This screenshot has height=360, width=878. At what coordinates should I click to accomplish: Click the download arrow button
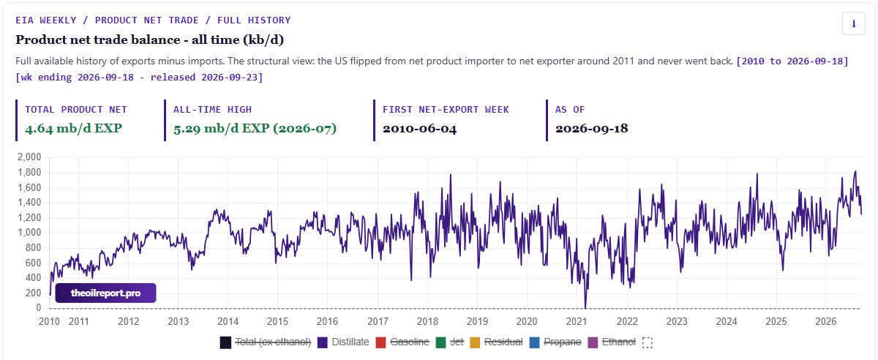click(x=853, y=23)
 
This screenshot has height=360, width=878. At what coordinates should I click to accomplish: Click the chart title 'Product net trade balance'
click(x=97, y=40)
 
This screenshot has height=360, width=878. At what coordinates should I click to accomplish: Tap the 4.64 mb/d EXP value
click(x=73, y=128)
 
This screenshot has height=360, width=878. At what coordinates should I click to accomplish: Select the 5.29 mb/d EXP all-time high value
click(x=255, y=128)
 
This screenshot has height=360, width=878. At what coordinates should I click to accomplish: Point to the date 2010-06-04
click(x=419, y=129)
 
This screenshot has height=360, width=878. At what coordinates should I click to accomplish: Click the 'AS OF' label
click(x=569, y=110)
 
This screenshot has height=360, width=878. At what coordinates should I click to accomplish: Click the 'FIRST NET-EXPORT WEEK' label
click(x=446, y=110)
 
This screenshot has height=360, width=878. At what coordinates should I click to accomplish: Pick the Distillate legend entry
click(x=343, y=342)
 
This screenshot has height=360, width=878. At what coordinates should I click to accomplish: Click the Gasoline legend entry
click(x=402, y=342)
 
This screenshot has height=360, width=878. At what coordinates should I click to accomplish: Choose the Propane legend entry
click(x=555, y=342)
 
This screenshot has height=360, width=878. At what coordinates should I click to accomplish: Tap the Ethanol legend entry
click(x=612, y=342)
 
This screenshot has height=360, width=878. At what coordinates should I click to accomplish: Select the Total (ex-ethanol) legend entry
click(x=266, y=342)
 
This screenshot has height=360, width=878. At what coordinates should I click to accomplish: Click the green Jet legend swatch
click(x=440, y=342)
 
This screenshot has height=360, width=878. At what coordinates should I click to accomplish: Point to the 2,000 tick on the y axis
click(x=29, y=157)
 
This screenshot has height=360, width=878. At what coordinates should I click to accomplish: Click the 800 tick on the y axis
click(x=33, y=247)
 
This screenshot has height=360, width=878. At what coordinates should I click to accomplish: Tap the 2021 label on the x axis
click(x=577, y=321)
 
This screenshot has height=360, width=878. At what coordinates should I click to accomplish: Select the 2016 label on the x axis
click(x=327, y=321)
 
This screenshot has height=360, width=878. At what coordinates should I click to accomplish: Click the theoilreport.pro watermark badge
click(x=105, y=293)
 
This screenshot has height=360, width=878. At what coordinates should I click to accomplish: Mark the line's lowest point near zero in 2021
click(x=585, y=307)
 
